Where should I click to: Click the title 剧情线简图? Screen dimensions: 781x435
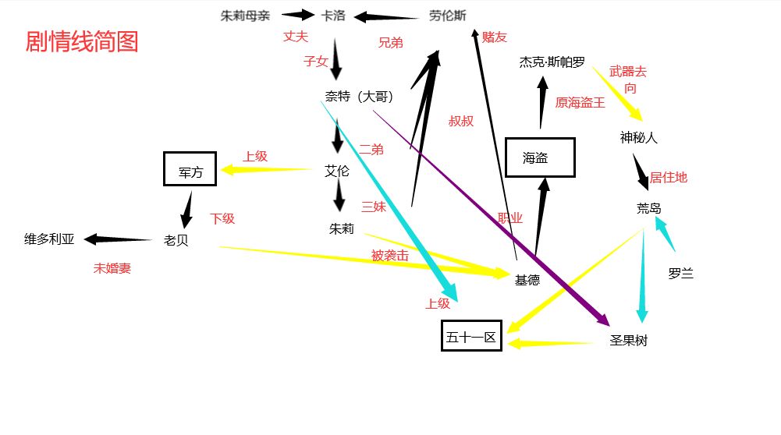point(82,41)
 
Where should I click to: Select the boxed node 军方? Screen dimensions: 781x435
point(190,169)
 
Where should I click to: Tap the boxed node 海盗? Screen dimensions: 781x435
point(541,157)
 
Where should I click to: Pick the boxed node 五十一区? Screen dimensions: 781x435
point(471,336)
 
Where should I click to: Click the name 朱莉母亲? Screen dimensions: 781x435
point(245,16)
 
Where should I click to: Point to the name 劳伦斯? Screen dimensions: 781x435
point(447,16)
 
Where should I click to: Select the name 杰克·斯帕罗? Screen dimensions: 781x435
point(552,62)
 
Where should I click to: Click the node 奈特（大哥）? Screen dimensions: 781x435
point(359,96)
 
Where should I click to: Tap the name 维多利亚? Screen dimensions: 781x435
point(49,239)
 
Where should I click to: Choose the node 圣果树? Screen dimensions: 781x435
point(629,341)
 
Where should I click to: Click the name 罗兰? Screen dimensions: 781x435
point(680,274)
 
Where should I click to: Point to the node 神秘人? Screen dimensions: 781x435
point(638,137)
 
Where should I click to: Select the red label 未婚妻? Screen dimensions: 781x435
point(112,268)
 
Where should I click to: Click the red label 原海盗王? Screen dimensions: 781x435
point(580,103)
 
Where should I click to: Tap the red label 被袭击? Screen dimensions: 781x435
point(390,256)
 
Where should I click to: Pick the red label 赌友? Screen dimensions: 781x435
point(494,37)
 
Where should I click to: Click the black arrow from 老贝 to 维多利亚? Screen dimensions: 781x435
point(118,239)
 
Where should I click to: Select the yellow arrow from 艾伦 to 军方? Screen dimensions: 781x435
point(267,169)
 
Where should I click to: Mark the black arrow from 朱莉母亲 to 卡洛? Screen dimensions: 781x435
point(298,16)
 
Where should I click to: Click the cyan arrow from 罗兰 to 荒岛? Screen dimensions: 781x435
point(665,233)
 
